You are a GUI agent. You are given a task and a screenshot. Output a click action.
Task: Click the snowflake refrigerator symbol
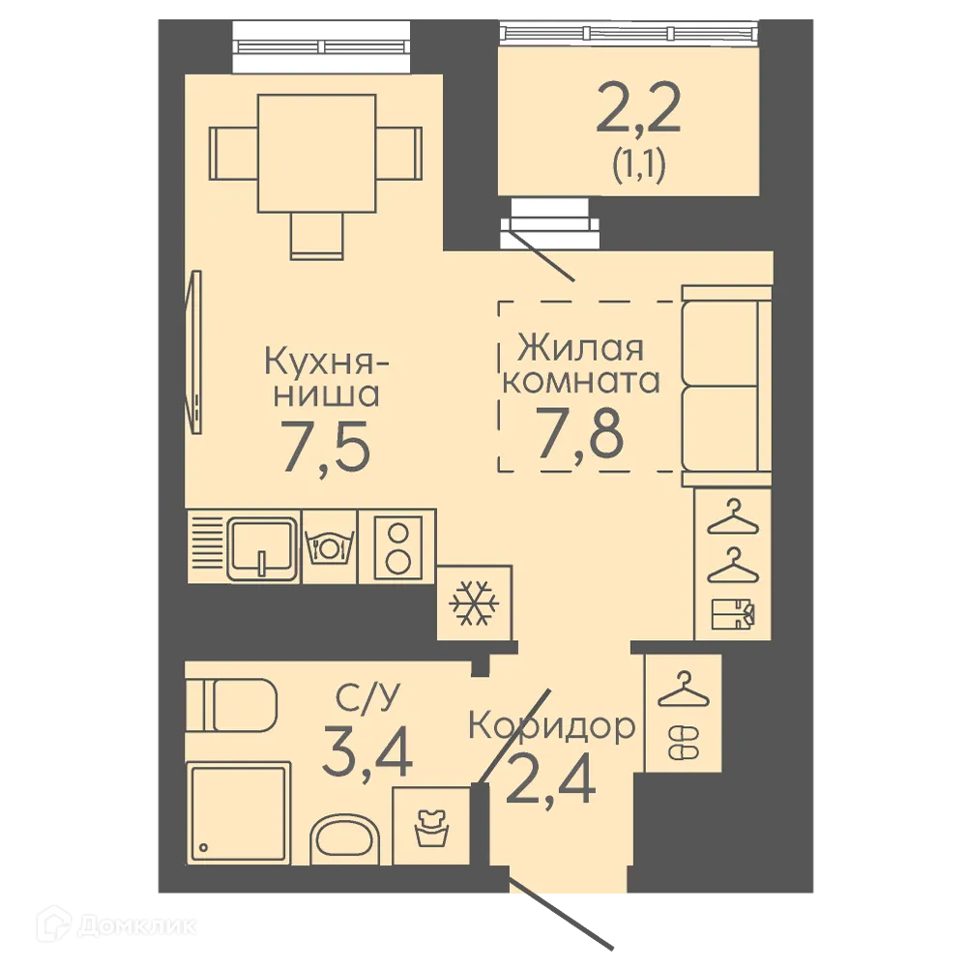(474, 603)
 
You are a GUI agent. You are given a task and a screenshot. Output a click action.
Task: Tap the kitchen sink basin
(262, 549)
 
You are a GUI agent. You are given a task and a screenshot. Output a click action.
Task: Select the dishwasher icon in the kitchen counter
(330, 545)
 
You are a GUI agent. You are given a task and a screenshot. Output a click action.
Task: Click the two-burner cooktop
(397, 546)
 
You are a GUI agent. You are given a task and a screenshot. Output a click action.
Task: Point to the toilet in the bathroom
(231, 705)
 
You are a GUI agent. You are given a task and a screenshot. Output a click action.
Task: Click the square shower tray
(238, 813)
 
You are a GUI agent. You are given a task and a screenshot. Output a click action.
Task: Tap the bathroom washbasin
(343, 840)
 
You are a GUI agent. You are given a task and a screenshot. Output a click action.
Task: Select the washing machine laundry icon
(431, 829)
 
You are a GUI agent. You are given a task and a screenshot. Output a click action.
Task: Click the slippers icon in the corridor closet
(684, 743)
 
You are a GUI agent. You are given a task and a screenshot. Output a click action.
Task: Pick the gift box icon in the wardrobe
(733, 614)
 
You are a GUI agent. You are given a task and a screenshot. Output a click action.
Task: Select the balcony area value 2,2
(638, 109)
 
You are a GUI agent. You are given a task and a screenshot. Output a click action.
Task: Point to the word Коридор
(552, 726)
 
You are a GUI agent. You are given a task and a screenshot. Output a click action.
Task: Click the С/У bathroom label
(367, 698)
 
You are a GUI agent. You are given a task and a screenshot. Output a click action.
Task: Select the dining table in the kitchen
(317, 154)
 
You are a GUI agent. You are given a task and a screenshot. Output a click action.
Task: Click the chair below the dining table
(316, 236)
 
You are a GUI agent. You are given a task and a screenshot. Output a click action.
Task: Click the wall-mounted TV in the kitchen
(195, 352)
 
